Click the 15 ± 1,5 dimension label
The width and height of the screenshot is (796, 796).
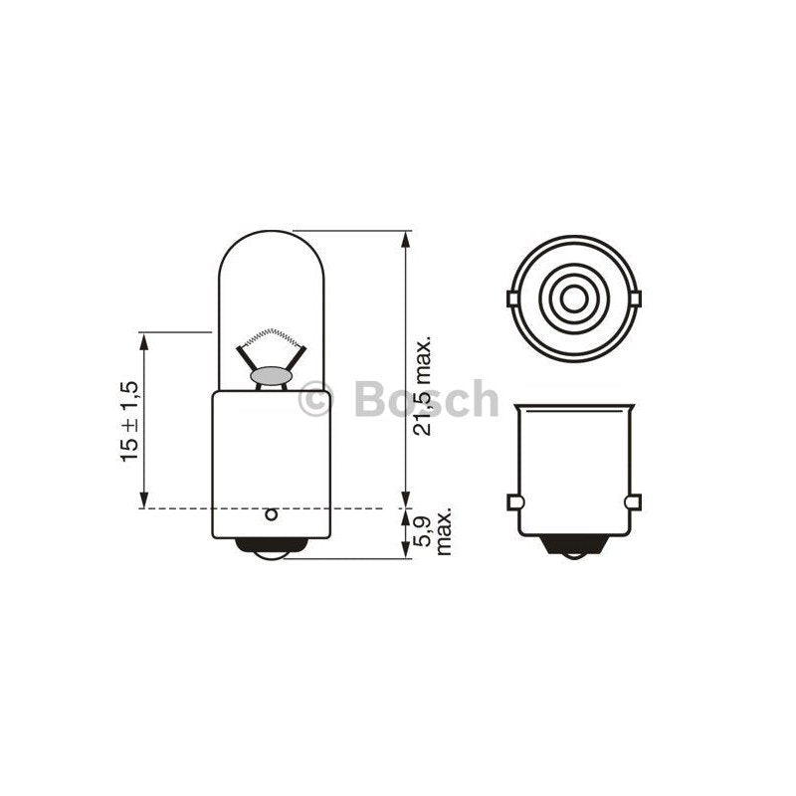click(129, 421)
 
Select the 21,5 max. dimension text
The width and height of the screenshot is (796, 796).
click(422, 385)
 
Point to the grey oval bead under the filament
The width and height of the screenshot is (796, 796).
click(271, 376)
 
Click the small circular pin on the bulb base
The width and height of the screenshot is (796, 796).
click(272, 514)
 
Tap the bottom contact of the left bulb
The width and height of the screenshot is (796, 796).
click(271, 549)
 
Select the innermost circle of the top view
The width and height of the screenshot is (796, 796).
click(574, 298)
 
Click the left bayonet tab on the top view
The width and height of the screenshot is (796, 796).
click(513, 298)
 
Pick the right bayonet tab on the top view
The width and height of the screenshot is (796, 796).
click(635, 298)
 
